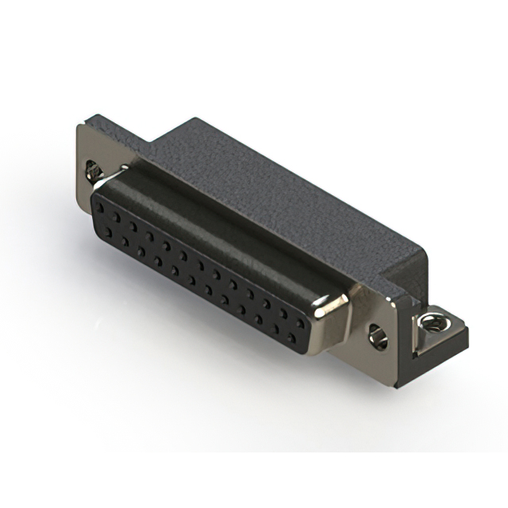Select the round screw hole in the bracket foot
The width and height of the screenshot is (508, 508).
coord(431,321)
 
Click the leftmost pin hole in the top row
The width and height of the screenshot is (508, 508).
coord(102,207)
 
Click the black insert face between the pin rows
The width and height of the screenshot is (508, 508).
coord(198,270)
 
